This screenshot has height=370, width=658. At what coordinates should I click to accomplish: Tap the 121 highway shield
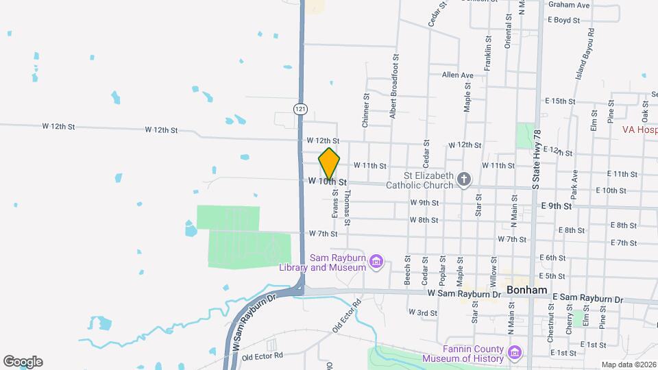pos(300,109)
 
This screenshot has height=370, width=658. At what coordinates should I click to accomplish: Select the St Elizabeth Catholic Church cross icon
pos(464,180)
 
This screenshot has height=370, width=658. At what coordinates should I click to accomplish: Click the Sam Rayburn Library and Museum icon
pos(376,261)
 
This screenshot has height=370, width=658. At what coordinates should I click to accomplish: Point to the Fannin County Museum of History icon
pos(515,354)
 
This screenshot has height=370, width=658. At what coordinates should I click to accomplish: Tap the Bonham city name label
pos(527,290)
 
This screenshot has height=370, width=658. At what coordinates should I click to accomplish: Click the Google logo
pos(23,362)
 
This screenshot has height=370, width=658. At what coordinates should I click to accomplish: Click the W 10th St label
pos(328,182)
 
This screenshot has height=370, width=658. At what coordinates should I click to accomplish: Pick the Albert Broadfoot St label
pos(394,87)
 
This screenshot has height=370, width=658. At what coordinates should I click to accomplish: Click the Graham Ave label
pos(569,5)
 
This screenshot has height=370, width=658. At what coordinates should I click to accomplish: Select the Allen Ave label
pos(458,75)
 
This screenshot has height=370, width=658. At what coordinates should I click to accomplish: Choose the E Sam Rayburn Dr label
pos(587,299)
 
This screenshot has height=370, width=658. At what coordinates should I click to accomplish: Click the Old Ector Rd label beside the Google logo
pos(262,356)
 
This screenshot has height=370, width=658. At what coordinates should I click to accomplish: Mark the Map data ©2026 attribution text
pos(628,365)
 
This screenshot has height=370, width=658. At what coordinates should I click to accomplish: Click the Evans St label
pos(335,204)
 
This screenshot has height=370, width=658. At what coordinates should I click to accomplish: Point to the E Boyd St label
pos(563,21)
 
